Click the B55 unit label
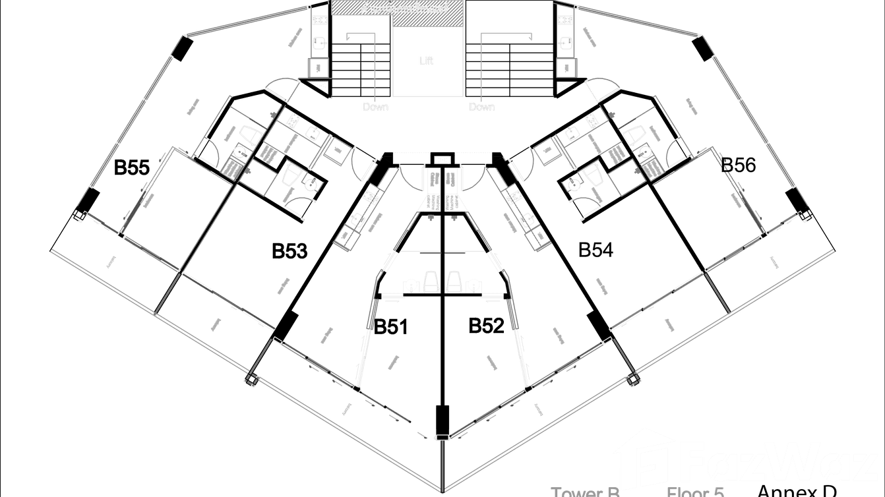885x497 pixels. (133, 167)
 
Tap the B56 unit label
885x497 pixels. (738, 165)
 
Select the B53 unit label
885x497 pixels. (290, 250)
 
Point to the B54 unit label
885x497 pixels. (595, 250)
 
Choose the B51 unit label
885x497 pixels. (392, 326)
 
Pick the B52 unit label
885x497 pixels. (486, 326)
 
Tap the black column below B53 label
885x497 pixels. (286, 326)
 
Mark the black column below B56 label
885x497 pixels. (794, 202)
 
